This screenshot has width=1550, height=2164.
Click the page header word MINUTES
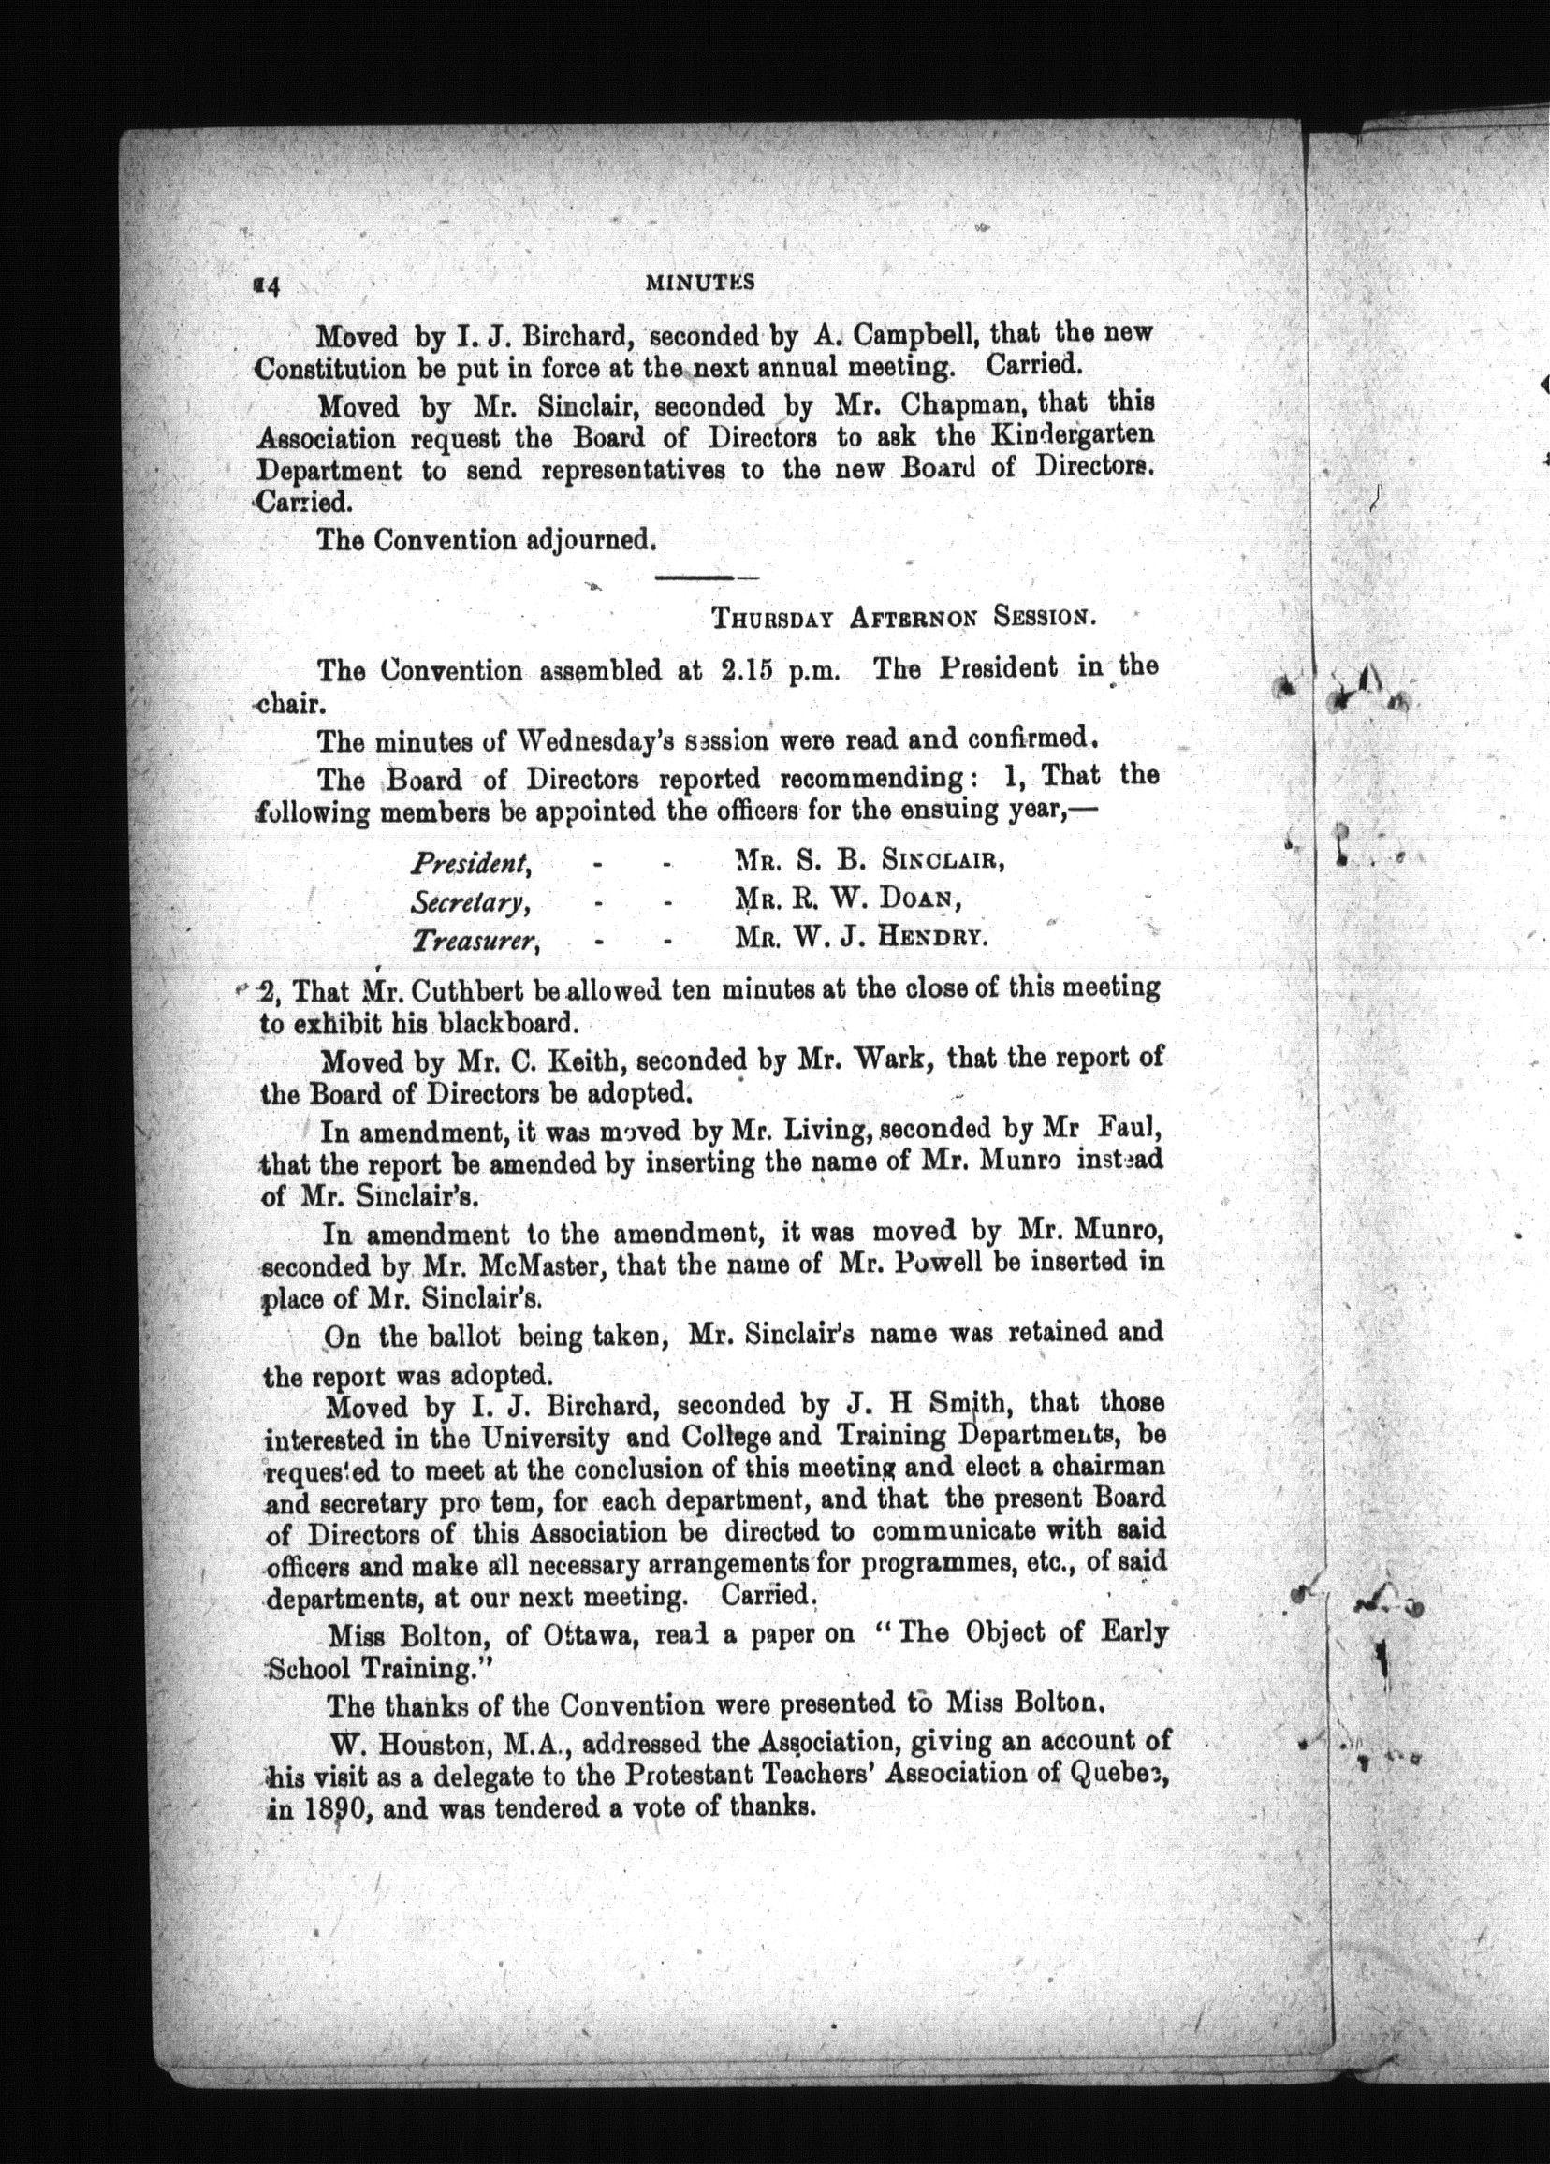[x=699, y=282]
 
